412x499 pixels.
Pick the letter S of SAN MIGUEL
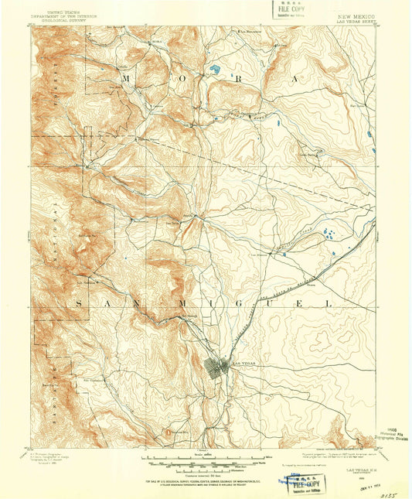[79, 304]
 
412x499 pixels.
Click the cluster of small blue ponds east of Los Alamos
[329, 234]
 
